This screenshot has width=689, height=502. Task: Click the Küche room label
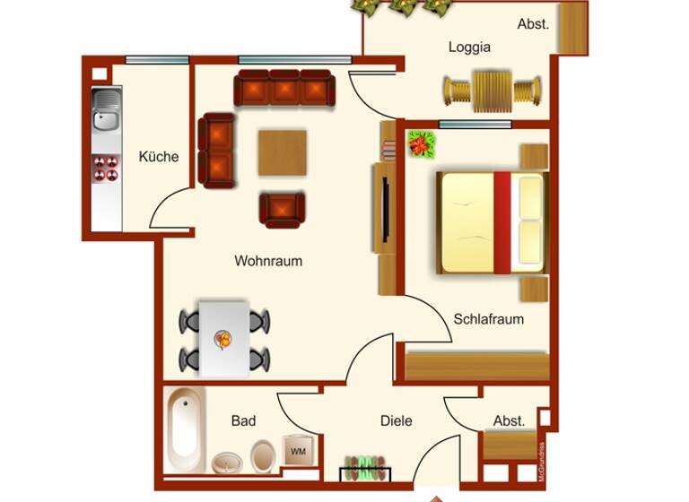coord(159,157)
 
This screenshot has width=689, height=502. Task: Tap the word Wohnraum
coord(268,261)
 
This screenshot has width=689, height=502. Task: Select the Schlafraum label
coord(488,319)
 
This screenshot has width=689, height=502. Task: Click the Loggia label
coord(469,48)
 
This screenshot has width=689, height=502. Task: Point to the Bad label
coord(243,420)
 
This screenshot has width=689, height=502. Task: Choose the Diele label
coord(396,420)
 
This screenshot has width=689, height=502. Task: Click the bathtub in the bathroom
coord(186,429)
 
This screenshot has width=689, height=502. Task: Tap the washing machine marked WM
coord(297,450)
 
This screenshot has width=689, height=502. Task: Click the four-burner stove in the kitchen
coord(107,168)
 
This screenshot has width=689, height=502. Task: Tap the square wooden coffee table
coord(283,152)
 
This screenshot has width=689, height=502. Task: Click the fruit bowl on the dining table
coord(222,338)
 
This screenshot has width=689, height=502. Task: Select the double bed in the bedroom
coord(492,223)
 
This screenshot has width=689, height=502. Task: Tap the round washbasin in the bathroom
coord(227,463)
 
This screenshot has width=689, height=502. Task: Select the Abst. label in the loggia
coord(533,24)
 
